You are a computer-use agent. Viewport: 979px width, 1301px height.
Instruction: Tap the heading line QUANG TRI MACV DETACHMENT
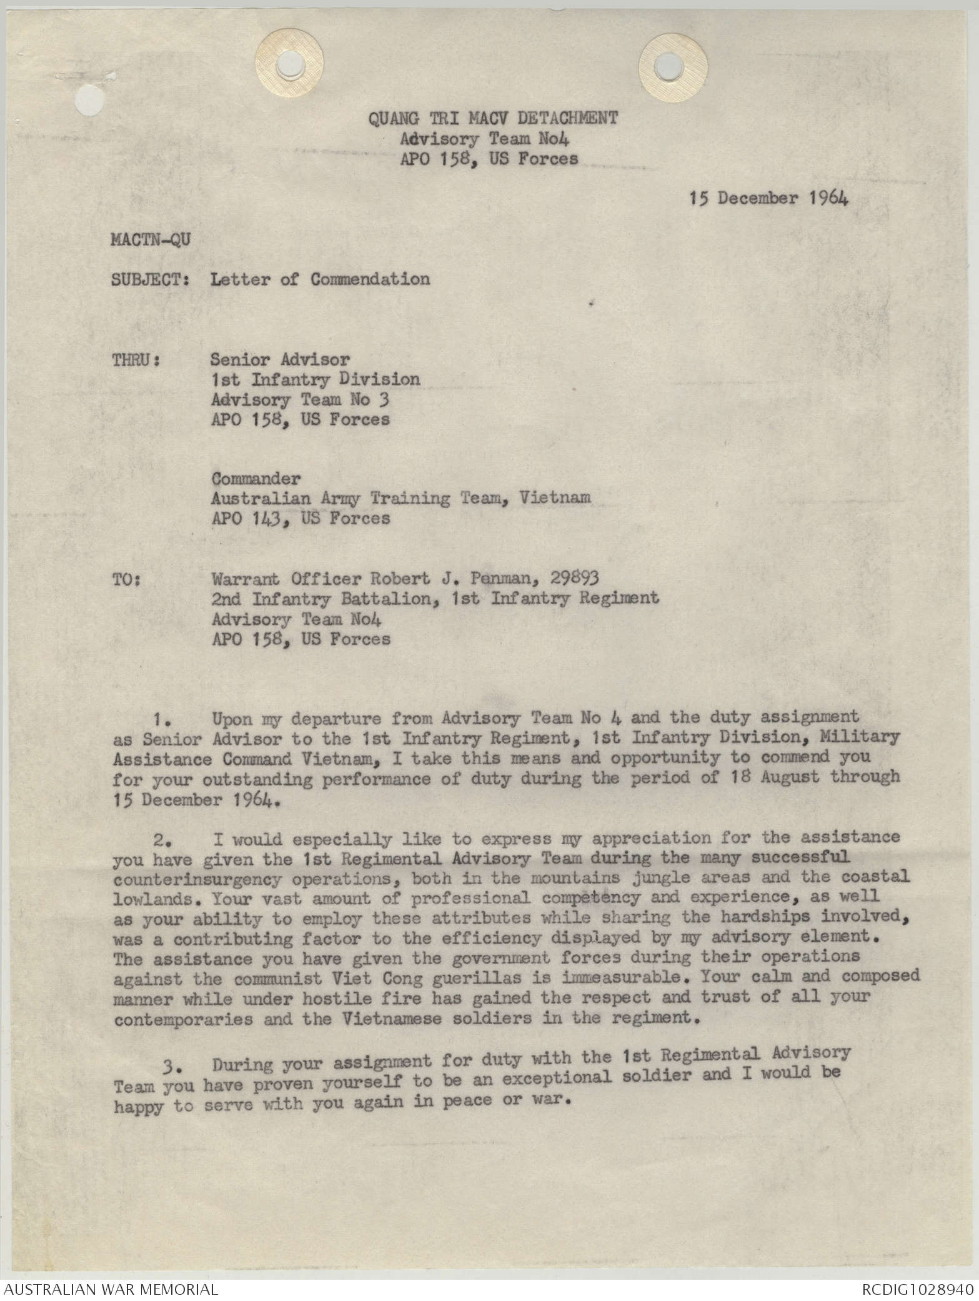[492, 118]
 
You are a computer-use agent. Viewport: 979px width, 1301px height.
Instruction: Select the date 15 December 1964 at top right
[769, 198]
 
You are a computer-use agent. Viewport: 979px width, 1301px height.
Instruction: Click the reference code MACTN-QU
[151, 240]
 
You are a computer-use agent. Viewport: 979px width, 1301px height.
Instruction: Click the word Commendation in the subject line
[370, 279]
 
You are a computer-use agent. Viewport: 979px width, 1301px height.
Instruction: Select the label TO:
[126, 579]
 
